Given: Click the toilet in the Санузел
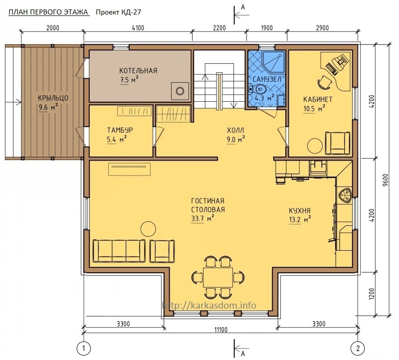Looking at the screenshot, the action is [x=257, y=89].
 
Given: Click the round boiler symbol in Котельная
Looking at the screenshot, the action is [x=180, y=91].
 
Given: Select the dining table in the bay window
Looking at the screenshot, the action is [x=218, y=277].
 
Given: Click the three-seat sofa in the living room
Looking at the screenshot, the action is [x=119, y=251].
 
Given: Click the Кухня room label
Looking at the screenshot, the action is [x=300, y=210].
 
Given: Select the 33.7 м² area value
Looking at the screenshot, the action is [x=202, y=218].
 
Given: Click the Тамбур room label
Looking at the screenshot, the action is [x=120, y=130].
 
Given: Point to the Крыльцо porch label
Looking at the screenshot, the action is [x=53, y=98].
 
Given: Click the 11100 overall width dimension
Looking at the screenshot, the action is [x=220, y=330].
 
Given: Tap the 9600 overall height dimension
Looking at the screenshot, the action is [x=386, y=180].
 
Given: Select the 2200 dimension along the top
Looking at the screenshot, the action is [x=219, y=28].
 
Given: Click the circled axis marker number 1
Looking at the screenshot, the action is [x=84, y=348].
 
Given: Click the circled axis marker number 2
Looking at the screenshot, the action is [x=358, y=348].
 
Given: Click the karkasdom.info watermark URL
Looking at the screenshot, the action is [x=209, y=305].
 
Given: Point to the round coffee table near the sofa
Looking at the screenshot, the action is [x=148, y=229].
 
